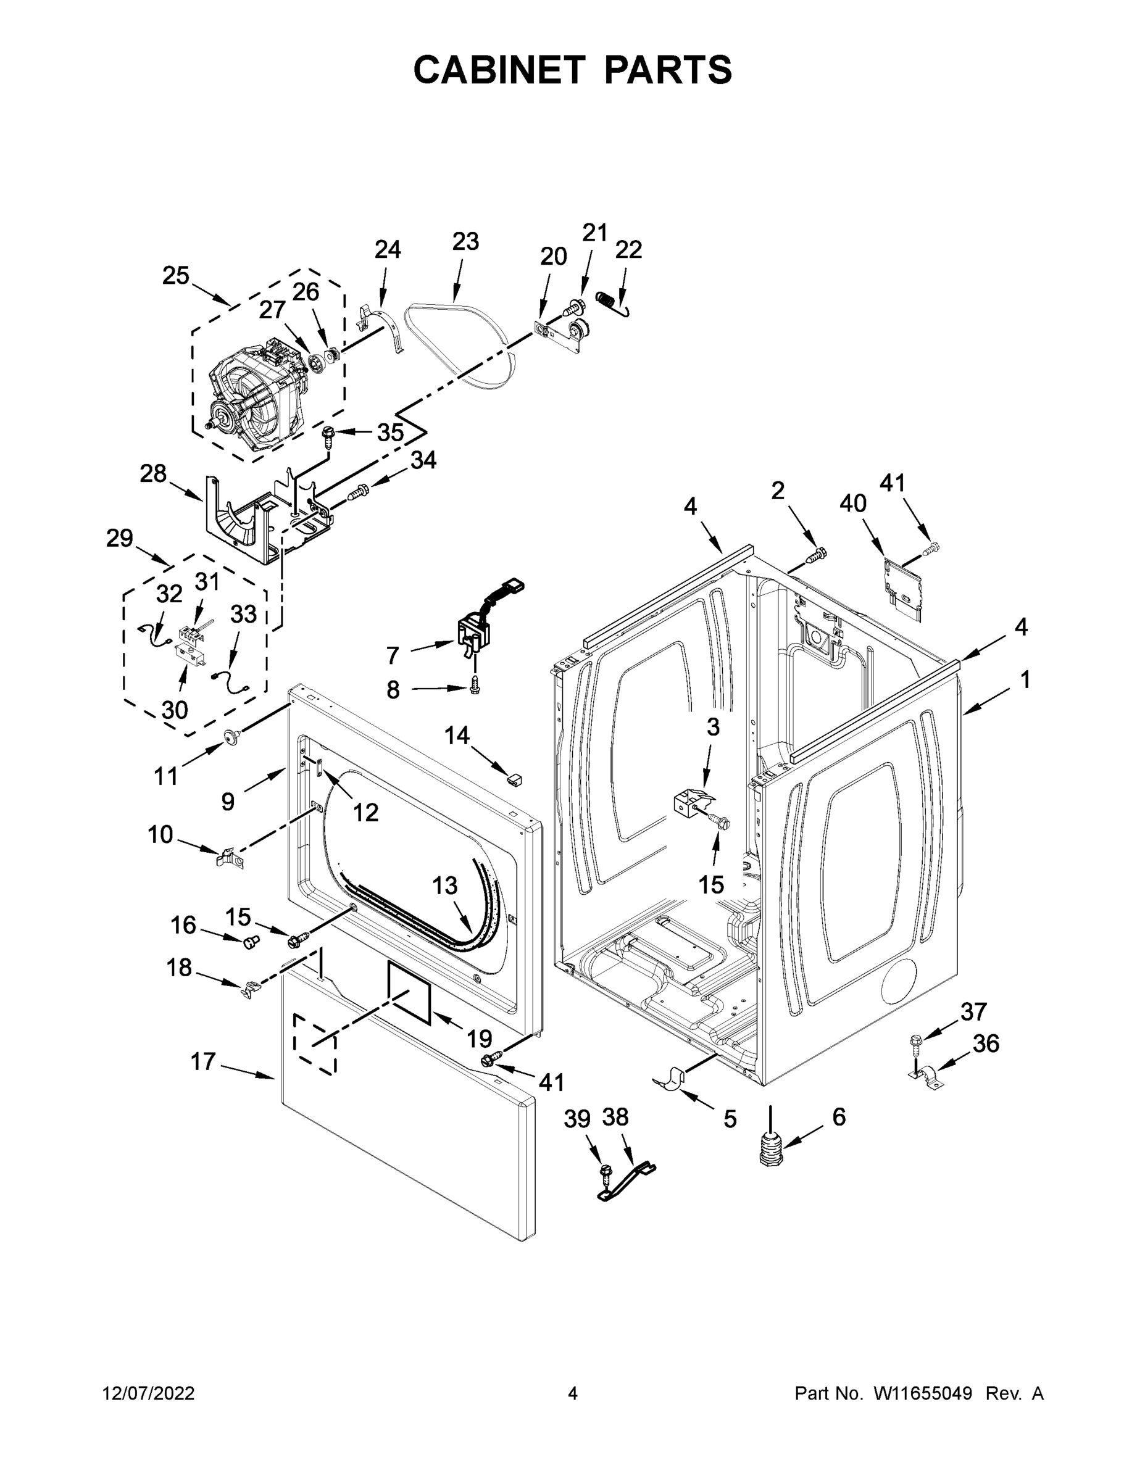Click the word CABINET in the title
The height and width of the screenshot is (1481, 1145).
(x=499, y=70)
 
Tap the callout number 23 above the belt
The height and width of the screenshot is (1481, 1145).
(x=465, y=241)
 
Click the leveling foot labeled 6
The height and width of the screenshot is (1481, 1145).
(x=769, y=1150)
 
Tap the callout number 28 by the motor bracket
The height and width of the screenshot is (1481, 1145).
(x=153, y=473)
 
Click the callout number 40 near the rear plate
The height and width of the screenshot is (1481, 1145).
(x=852, y=503)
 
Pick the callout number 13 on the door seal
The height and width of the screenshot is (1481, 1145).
(x=445, y=885)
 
